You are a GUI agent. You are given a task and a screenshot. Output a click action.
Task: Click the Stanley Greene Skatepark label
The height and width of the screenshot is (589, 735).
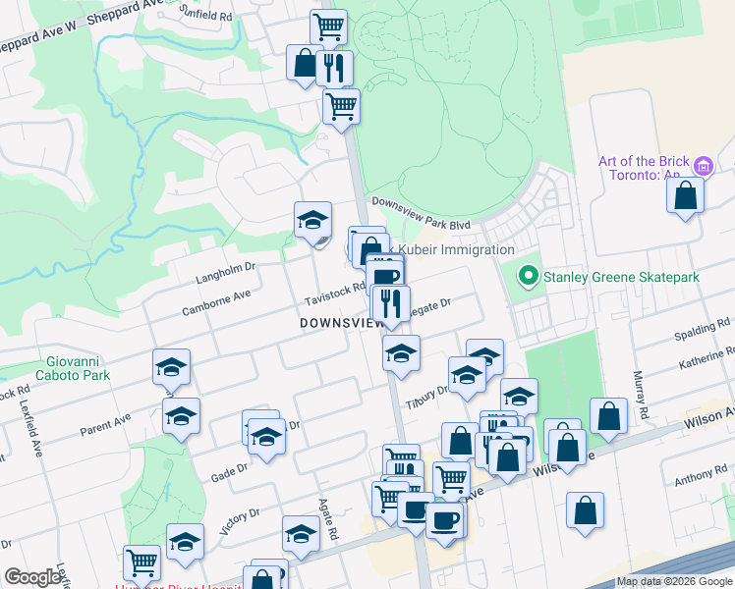click(622, 278)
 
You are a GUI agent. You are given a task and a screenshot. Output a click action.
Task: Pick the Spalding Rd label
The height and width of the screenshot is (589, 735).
click(708, 323)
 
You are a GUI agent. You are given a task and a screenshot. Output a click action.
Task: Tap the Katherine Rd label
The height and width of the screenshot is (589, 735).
click(706, 364)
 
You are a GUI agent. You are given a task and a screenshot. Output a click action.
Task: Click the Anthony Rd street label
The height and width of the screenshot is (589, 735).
click(701, 480)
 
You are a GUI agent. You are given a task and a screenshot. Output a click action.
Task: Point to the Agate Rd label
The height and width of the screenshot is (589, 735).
click(328, 519)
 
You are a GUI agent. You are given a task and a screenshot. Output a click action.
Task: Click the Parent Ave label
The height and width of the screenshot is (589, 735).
click(105, 427)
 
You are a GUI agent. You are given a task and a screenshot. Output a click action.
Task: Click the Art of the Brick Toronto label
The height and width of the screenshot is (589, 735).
click(640, 168)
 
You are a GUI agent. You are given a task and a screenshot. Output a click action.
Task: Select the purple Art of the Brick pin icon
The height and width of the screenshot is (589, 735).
click(702, 166)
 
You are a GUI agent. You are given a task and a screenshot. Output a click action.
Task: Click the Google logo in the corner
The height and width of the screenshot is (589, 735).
click(32, 577)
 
